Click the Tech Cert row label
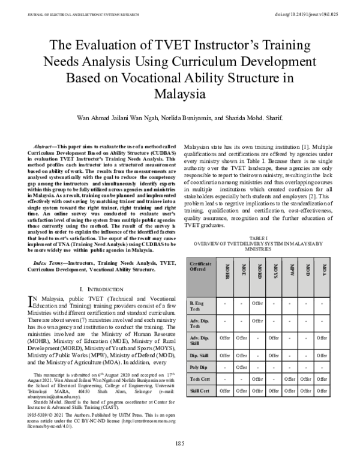199,379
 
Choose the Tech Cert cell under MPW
290,379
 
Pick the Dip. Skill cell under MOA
323,355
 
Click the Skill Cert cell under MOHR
226,391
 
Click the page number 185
180,443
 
